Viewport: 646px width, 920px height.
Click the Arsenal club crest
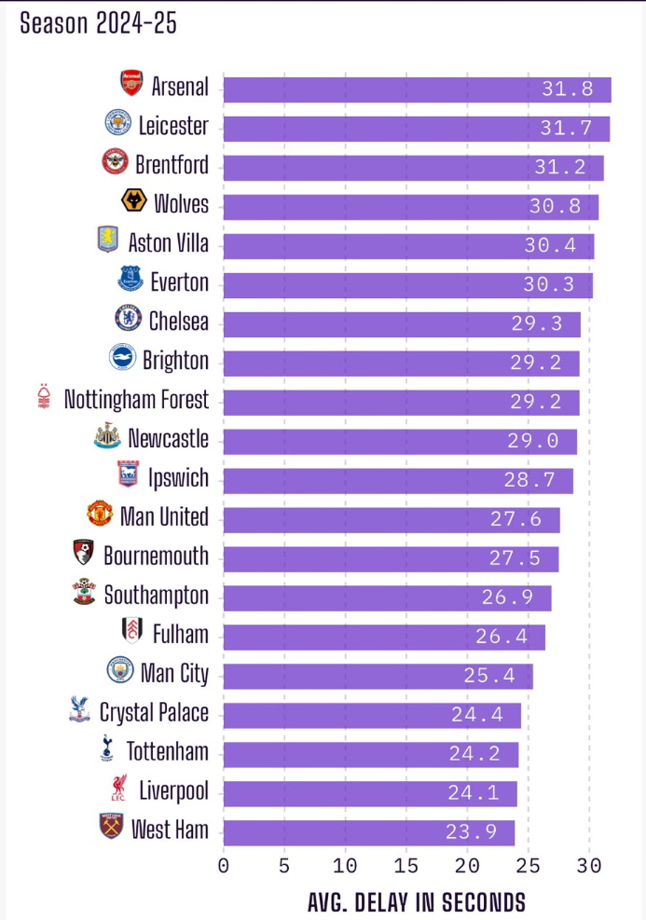[x=131, y=84]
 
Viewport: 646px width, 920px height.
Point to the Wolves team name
[x=181, y=204]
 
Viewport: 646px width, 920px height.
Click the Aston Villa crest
[x=108, y=240]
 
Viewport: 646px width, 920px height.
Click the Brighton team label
[x=175, y=361]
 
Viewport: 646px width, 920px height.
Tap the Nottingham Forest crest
[x=41, y=397]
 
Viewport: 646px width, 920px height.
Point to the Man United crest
[x=99, y=515]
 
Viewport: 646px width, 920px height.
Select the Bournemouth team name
[x=156, y=556]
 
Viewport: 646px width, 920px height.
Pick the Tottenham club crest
[x=107, y=748]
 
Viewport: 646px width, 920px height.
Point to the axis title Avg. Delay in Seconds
[x=416, y=902]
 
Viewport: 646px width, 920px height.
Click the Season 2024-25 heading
[x=98, y=23]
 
